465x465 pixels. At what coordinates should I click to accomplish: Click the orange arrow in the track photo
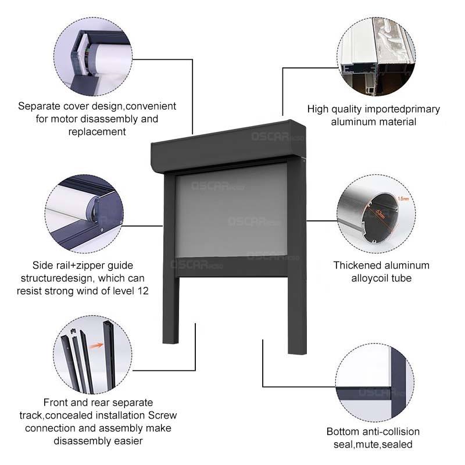pos(96,347)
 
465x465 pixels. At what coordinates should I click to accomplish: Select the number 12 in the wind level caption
pos(142,291)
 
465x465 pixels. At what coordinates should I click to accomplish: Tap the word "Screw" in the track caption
pos(160,416)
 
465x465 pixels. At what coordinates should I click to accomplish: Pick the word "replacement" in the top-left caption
pos(96,132)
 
